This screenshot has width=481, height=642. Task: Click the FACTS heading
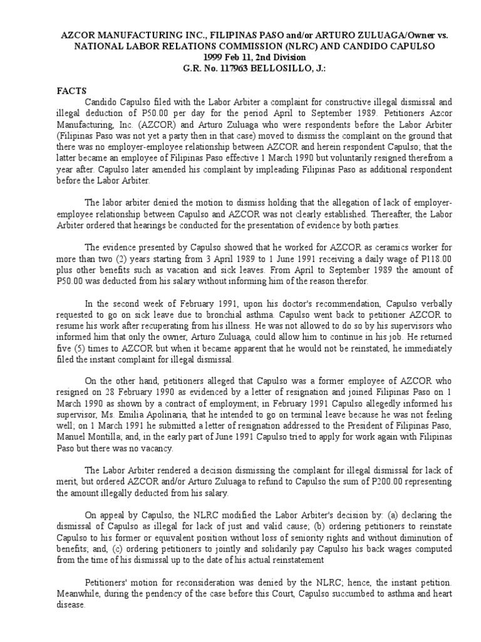[x=71, y=90]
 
